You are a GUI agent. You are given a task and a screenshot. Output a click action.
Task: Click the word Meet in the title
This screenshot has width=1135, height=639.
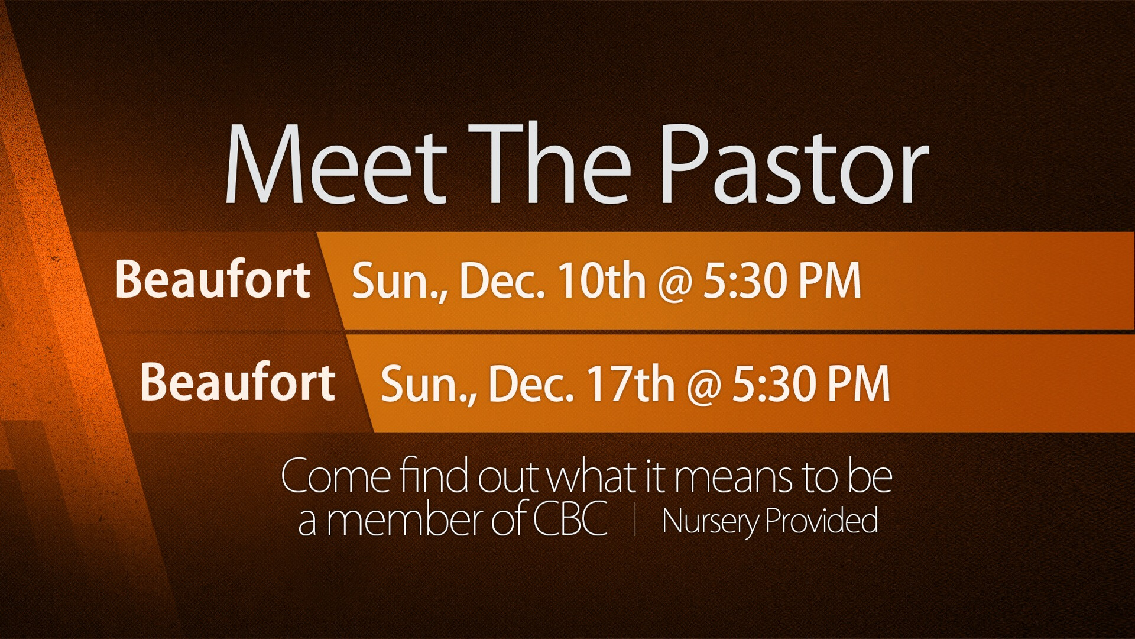[x=335, y=164]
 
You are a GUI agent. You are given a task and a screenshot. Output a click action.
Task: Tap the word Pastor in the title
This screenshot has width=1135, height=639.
[x=794, y=164]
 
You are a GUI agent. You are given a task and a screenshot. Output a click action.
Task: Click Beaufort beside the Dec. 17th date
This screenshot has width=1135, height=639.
[x=238, y=382]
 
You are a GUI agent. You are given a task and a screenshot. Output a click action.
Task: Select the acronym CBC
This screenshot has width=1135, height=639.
[x=570, y=519]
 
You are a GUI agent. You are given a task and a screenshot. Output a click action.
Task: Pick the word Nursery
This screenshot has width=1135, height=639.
[x=711, y=521]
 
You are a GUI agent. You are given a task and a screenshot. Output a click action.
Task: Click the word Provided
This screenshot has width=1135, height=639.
[x=822, y=520]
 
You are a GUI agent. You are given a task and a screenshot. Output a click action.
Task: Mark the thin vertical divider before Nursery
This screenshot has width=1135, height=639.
[x=635, y=519]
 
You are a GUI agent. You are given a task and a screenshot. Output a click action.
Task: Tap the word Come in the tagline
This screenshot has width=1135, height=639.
[x=336, y=476]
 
